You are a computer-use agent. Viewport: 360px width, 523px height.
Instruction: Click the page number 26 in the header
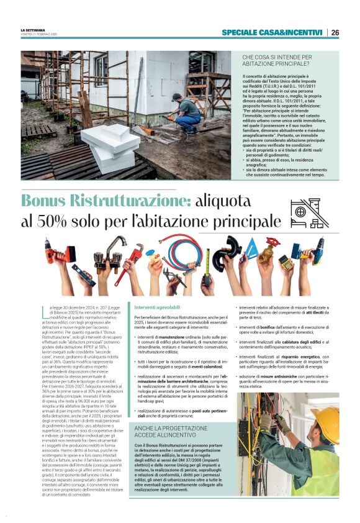335,32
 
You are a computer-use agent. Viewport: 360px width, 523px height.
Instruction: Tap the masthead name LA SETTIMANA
32,30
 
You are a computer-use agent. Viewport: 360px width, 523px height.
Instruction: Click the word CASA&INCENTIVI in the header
293,32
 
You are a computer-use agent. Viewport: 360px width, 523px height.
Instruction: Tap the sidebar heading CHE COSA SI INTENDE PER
277,57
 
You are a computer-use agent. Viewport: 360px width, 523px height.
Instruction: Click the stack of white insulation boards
110,147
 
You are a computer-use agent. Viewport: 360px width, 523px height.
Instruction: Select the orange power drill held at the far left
59,253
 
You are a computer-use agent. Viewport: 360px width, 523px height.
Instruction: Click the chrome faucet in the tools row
106,255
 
